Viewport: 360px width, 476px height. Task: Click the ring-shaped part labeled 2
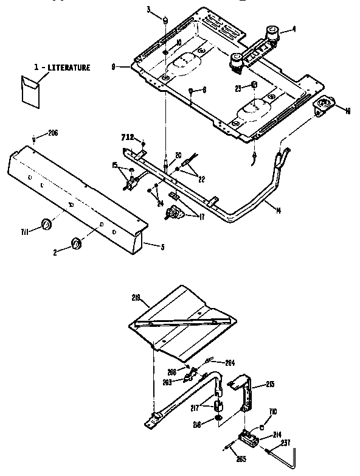point(76,243)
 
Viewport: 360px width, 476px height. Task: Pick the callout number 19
point(348,111)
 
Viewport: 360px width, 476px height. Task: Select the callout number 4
point(294,29)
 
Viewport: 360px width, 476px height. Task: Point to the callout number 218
point(136,298)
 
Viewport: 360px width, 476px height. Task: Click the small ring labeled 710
point(261,426)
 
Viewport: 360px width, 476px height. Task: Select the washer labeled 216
point(217,421)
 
